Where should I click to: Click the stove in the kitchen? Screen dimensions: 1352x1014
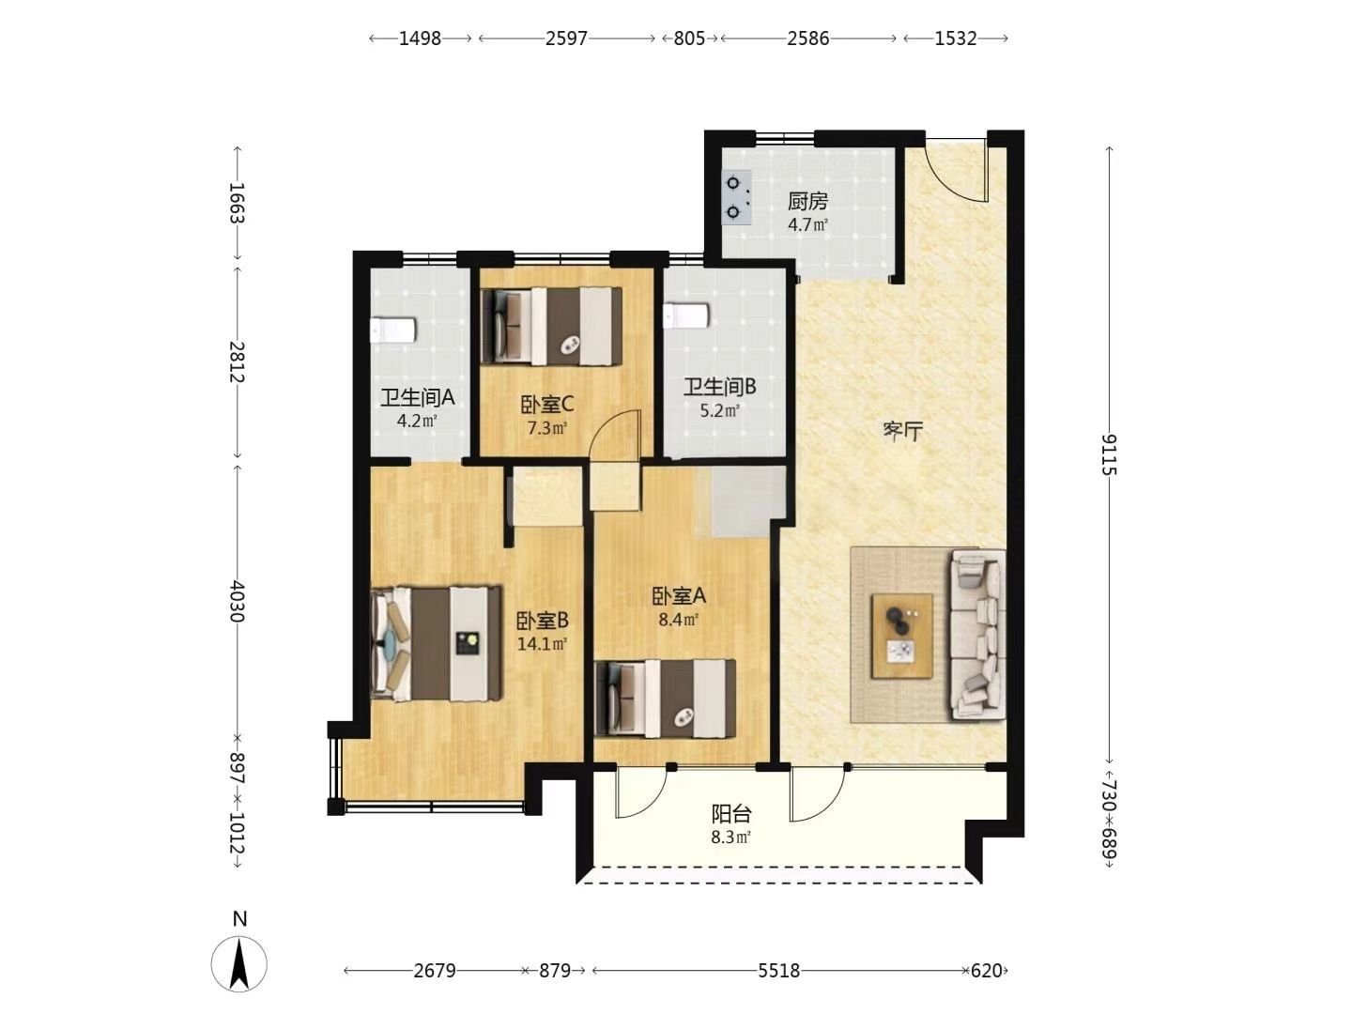coord(737,197)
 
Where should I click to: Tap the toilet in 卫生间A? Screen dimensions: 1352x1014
coord(392,330)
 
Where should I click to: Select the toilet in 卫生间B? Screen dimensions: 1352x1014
coord(685,315)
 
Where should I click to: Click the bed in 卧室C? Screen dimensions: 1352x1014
coord(551,327)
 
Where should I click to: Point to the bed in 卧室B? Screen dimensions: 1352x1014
coord(436,643)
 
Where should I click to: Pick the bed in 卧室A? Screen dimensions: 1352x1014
coord(666,699)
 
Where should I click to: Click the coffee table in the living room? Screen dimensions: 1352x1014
coord(901,636)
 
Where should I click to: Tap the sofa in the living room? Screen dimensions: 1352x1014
coord(978,635)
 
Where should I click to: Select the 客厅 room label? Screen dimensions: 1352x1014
coord(903,432)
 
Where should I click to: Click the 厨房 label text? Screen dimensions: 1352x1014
coord(807,201)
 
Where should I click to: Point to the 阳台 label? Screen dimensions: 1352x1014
coord(731,814)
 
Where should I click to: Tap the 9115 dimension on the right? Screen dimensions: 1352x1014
coord(1109,454)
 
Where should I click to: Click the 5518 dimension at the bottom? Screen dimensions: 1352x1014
coord(778,971)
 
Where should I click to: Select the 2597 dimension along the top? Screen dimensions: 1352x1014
coord(567,38)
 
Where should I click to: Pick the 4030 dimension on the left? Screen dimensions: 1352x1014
coord(238,601)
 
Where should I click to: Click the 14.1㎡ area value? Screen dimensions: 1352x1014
coord(542,645)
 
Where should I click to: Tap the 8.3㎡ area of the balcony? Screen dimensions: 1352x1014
coord(731,837)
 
